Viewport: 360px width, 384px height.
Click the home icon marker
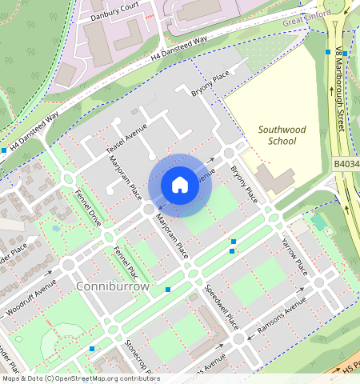tap(180, 185)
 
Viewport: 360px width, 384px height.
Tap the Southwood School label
tap(277, 134)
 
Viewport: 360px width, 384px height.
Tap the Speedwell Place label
tap(221, 307)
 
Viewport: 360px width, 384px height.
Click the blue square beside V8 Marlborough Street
tap(328, 52)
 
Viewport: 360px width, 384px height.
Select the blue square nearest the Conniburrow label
tap(168, 289)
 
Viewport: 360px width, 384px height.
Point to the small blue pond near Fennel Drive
tap(55, 228)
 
